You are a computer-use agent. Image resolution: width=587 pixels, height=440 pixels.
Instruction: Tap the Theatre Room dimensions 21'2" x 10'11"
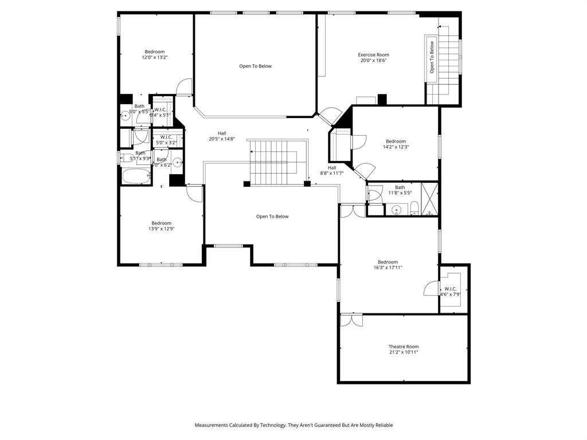coord(404,352)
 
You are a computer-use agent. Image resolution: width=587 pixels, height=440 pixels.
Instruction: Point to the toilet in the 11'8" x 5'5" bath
coord(414,208)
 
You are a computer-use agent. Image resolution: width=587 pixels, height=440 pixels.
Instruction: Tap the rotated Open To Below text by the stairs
coord(432,57)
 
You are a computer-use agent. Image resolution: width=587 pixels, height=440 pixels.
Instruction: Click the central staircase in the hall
coord(273,163)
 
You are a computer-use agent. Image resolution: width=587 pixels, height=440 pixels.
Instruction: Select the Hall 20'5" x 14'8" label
coord(222,136)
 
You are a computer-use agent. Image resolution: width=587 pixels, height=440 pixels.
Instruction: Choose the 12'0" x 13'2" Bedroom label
coord(154,54)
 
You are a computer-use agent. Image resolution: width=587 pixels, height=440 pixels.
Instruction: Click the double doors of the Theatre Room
coord(351,320)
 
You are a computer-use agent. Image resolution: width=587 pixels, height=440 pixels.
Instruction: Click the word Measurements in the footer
coord(213,425)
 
